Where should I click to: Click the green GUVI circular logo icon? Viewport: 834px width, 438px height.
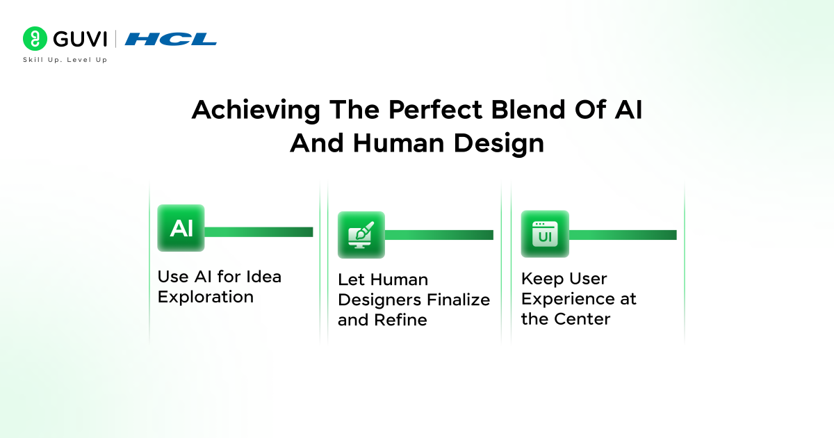coord(35,39)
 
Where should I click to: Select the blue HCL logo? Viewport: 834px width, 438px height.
coord(171,39)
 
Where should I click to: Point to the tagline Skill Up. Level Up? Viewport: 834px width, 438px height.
coord(65,60)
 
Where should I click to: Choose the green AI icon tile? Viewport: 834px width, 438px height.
coord(181,228)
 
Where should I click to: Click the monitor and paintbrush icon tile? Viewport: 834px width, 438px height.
coord(361,235)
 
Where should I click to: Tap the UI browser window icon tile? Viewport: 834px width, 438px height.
coord(545,234)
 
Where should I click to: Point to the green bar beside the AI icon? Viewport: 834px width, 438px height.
coord(259,232)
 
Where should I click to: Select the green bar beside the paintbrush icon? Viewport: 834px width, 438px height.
coord(439,235)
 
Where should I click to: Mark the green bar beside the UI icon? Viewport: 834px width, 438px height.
coord(622,235)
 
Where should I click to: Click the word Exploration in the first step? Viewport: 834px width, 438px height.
coord(205,297)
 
